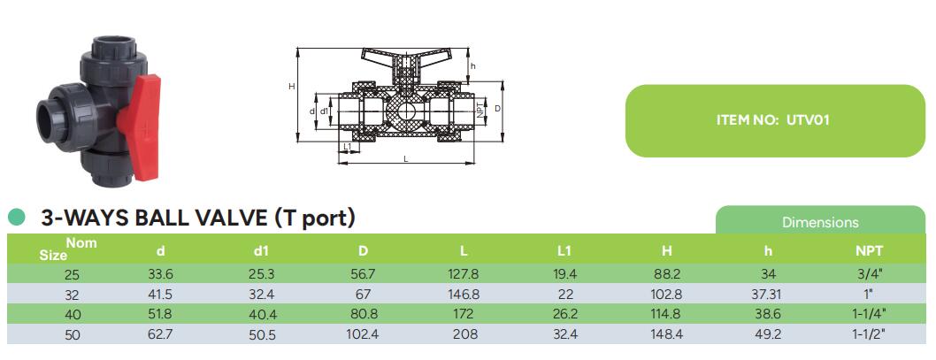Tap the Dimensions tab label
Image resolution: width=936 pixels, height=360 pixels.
pos(819,223)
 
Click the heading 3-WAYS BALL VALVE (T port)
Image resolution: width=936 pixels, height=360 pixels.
pos(198,217)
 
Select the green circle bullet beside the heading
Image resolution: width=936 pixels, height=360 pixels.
pos(16,217)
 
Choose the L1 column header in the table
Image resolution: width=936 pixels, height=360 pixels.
pos(565,250)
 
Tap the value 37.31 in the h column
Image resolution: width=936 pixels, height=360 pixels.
pos(768,294)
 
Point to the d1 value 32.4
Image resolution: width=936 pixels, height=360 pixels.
pos(262,294)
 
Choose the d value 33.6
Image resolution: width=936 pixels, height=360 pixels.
pos(160,274)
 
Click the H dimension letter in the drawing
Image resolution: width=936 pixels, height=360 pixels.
pos(291,86)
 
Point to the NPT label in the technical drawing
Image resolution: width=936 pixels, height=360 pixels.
pos(480,109)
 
